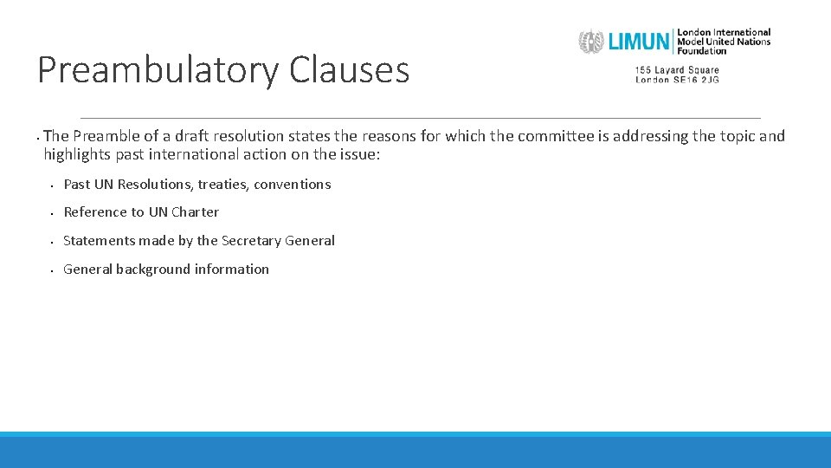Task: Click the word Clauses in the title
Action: tap(349, 70)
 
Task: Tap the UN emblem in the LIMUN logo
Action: tap(591, 42)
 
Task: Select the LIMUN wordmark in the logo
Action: tap(640, 42)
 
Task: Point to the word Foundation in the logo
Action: tap(703, 51)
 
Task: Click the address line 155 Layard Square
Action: tap(677, 70)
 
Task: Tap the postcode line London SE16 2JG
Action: tap(677, 80)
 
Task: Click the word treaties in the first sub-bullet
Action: tap(222, 184)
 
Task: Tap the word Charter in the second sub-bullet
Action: tap(195, 212)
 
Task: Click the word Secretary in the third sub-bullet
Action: tap(251, 241)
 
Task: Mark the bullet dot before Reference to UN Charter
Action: tap(52, 213)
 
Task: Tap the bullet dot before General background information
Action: tap(52, 270)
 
